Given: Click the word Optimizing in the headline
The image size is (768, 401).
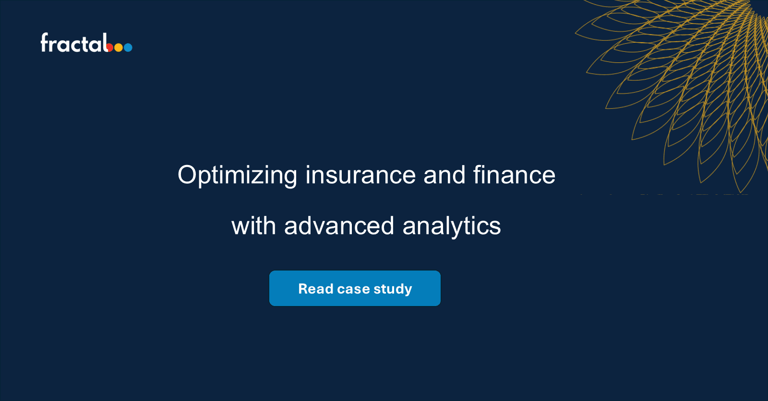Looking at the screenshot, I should (x=237, y=176).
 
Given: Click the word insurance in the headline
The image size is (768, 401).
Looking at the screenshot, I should (x=360, y=175).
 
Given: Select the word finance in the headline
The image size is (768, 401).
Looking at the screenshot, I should (x=514, y=175).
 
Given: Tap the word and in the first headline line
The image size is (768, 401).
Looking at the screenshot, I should (x=444, y=175).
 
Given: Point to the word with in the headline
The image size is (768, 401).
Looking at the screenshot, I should (x=253, y=226).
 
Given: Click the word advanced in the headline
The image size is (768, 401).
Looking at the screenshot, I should (x=339, y=226).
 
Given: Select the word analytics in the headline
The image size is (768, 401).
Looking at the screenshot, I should (x=451, y=226).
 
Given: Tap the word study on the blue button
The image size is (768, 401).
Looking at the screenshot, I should (x=393, y=289).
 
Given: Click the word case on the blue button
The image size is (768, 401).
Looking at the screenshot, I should (x=353, y=289).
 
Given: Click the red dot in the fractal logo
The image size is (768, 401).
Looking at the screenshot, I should (x=110, y=47).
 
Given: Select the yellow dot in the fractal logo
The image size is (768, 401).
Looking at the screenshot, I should (x=119, y=47).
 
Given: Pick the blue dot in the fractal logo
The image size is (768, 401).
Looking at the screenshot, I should (x=128, y=47).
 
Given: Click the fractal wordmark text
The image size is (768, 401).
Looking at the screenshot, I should (x=74, y=43).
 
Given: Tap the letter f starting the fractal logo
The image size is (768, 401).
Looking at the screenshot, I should (x=45, y=42).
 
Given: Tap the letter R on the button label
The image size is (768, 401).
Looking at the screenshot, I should (x=303, y=289).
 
